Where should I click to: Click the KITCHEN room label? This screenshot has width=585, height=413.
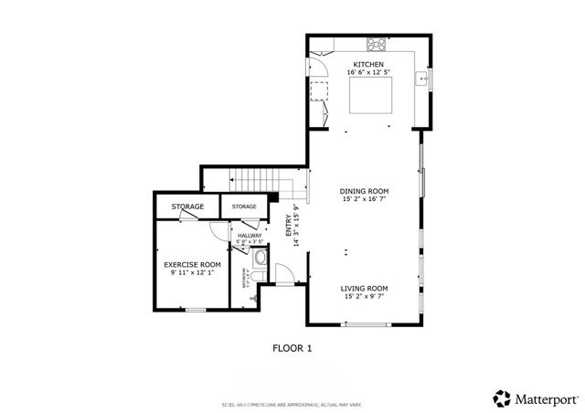[368, 64]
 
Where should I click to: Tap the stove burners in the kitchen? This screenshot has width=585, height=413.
[376, 44]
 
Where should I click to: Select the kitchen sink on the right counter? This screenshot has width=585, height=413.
[422, 80]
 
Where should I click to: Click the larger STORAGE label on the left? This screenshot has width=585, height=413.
[187, 206]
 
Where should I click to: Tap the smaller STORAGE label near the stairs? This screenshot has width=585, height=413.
[244, 206]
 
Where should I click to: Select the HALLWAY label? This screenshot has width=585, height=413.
[250, 236]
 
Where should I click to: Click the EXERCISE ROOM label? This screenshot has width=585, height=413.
[193, 264]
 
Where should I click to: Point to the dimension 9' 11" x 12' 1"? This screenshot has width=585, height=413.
[193, 272]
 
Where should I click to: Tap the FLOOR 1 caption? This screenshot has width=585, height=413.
[292, 347]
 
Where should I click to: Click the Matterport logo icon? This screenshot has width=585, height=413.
[502, 397]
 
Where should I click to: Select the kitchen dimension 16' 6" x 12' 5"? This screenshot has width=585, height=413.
[368, 72]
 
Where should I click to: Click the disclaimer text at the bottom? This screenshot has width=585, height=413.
[292, 404]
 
